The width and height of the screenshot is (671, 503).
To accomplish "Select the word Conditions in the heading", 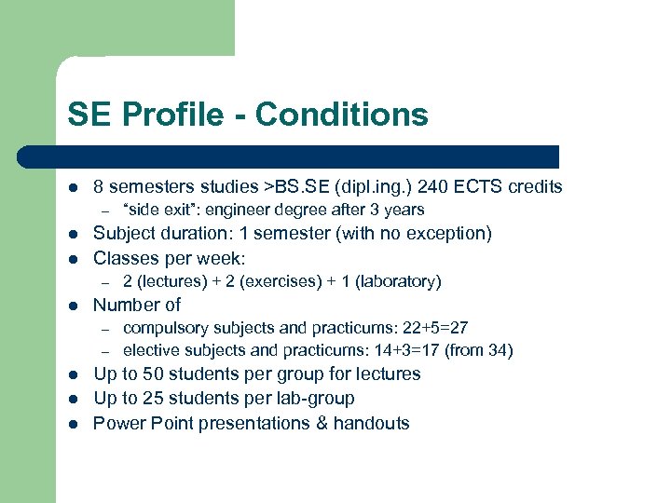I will coord(341,115).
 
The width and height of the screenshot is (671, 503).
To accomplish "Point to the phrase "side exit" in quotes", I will coord(160,210).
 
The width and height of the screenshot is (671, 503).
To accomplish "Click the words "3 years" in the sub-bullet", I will coord(398,210).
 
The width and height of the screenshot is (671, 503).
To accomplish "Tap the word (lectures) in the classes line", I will coord(173,281).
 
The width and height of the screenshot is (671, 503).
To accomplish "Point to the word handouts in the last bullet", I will coord(373,423).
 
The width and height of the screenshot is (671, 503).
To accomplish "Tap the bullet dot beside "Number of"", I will coord(73,306).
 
